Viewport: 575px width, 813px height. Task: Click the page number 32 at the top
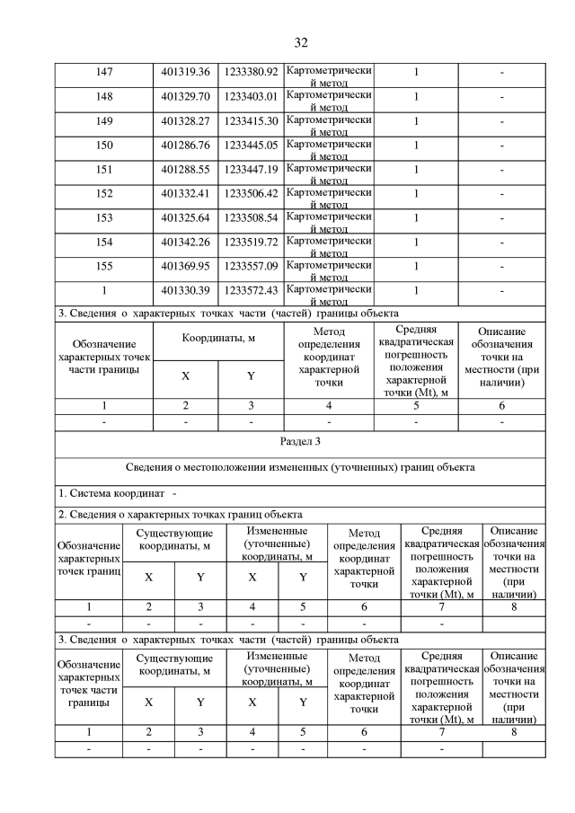tap(301, 42)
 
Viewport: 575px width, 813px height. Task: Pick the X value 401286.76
tap(185, 146)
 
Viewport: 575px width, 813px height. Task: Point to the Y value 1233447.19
tap(251, 170)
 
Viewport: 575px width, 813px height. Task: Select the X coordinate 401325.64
tap(185, 218)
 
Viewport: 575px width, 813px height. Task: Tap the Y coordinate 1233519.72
tap(251, 243)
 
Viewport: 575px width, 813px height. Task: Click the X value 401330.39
tap(185, 291)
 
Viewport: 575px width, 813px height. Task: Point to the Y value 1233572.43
tap(251, 291)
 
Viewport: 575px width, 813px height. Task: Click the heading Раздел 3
tap(300, 443)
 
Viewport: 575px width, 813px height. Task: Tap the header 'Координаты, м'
tap(217, 340)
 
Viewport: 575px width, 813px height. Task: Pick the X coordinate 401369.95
tap(185, 267)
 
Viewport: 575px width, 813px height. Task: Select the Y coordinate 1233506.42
tap(251, 194)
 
